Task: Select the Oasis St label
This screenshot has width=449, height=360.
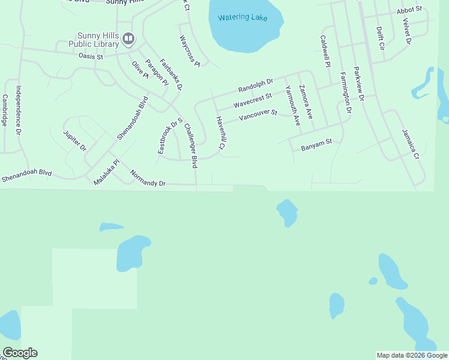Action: pyautogui.click(x=91, y=56)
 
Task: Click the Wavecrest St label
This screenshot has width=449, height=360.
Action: pyautogui.click(x=253, y=100)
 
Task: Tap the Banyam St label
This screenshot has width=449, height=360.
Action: pyautogui.click(x=316, y=144)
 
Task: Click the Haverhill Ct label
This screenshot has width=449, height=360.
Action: pyautogui.click(x=220, y=133)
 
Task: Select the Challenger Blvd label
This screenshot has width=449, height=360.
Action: pyautogui.click(x=191, y=145)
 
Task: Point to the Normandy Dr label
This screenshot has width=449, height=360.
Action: pyautogui.click(x=148, y=178)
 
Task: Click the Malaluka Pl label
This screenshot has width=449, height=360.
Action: pyautogui.click(x=107, y=172)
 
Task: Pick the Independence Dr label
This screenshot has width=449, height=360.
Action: pyautogui.click(x=19, y=110)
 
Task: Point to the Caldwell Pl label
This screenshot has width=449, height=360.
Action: pyautogui.click(x=325, y=51)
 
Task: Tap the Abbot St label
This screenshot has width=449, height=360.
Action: pyautogui.click(x=409, y=11)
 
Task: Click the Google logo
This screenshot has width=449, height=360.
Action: pyautogui.click(x=20, y=353)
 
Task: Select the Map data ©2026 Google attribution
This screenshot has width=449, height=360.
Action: pyautogui.click(x=412, y=355)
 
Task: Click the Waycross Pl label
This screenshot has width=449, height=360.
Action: pyautogui.click(x=190, y=50)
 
